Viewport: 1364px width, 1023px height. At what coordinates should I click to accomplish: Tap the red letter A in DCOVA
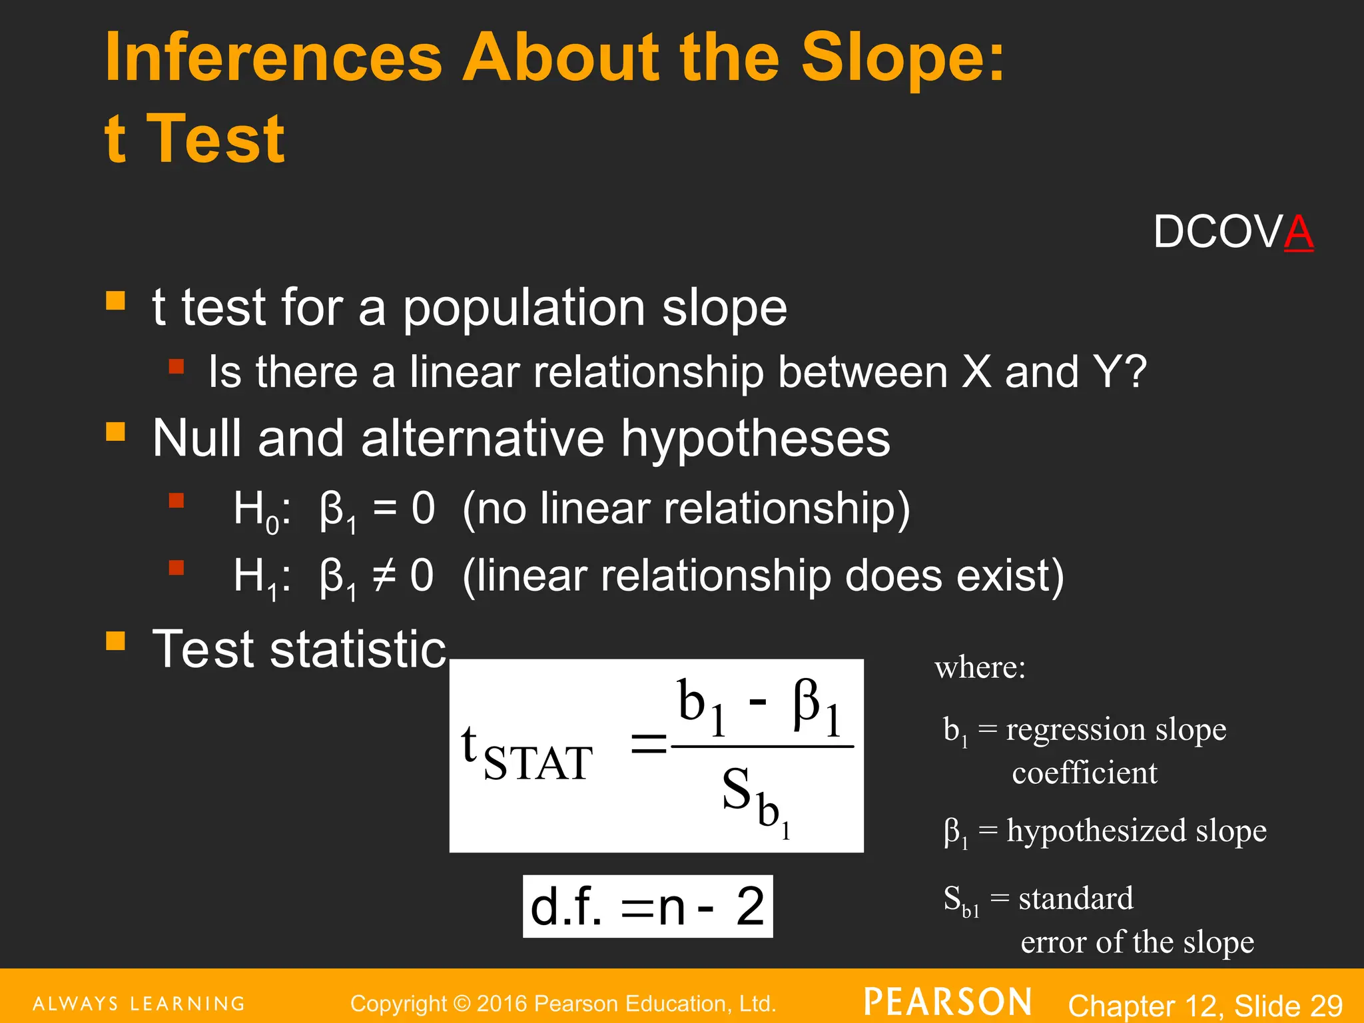tap(1298, 232)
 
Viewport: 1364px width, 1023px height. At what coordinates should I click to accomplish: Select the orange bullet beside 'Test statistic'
tap(115, 641)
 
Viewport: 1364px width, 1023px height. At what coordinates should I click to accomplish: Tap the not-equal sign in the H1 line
tap(384, 575)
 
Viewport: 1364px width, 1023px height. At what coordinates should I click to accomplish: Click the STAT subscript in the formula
tap(537, 763)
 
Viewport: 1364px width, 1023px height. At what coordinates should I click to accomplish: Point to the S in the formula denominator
tap(737, 789)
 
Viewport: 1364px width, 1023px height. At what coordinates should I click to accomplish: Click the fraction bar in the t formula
tap(763, 747)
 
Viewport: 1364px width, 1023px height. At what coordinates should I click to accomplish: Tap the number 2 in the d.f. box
tap(750, 906)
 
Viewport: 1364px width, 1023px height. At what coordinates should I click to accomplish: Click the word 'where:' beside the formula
tap(980, 667)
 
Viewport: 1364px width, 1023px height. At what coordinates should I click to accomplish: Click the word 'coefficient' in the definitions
tap(1084, 773)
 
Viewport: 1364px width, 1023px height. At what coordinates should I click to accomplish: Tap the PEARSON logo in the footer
tap(948, 1002)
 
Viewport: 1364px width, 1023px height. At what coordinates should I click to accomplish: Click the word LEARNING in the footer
tap(187, 1004)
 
